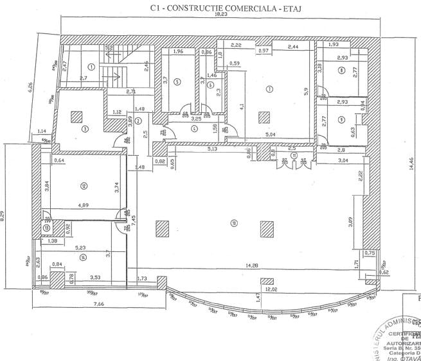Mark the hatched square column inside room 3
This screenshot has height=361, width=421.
point(76,117)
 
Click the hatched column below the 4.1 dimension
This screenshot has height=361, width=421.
point(262,117)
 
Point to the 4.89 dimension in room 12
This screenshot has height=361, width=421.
point(84,206)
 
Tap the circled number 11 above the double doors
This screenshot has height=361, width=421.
point(293,155)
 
